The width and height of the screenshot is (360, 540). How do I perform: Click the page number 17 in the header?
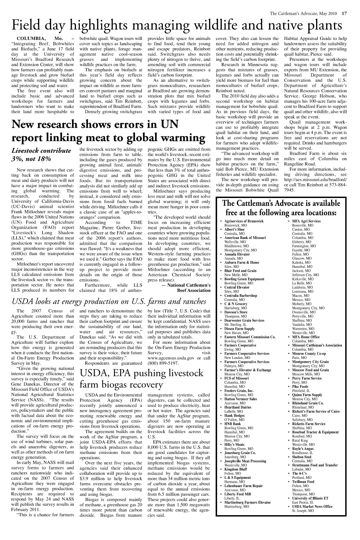pyautogui.click(x=345, y=14)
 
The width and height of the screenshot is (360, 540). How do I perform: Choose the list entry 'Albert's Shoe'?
pyautogui.click(x=234, y=229)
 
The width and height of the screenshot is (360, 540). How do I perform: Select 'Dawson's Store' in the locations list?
pyautogui.click(x=236, y=312)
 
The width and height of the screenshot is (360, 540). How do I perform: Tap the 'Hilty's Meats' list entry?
pyautogui.click(x=234, y=445)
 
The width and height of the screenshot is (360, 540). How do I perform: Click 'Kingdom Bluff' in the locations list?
pyautogui.click(x=236, y=469)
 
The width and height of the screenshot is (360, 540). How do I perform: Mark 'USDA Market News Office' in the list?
pyautogui.click(x=312, y=507)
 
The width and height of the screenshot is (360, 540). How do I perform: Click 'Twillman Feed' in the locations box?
pyautogui.click(x=303, y=482)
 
